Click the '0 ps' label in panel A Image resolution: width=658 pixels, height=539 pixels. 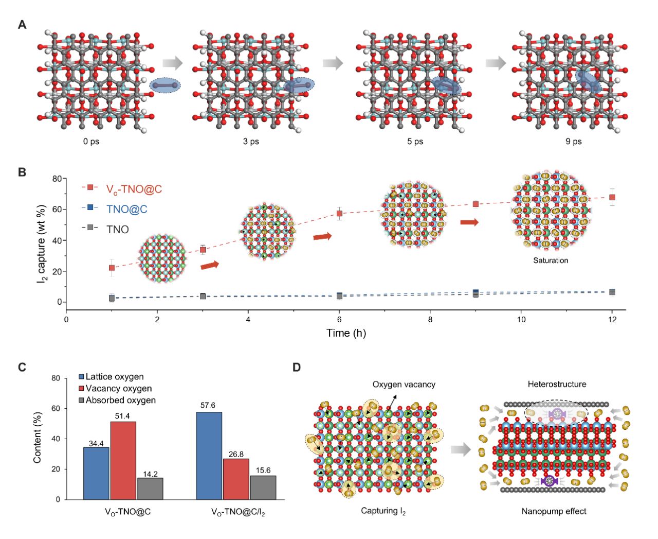[91, 142]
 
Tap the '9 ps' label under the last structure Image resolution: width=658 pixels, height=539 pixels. [573, 142]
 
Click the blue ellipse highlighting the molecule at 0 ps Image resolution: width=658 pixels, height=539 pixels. [166, 85]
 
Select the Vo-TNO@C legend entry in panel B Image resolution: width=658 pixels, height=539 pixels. [134, 189]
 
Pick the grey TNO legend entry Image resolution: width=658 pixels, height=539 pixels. [117, 230]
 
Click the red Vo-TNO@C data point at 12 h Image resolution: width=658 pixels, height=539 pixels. [612, 197]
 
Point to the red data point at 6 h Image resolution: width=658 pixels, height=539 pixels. [339, 213]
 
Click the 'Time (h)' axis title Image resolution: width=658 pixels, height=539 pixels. [346, 333]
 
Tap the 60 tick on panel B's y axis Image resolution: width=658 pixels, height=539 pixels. [57, 210]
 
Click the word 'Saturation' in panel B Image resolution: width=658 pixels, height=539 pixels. [551, 260]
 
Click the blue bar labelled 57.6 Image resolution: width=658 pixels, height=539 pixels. [209, 455]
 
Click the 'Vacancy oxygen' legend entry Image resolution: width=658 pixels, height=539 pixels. [118, 389]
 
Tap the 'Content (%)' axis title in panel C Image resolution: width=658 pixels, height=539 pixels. [38, 437]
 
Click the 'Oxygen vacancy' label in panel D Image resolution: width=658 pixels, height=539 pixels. [404, 385]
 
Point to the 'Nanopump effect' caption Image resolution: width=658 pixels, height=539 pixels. [554, 511]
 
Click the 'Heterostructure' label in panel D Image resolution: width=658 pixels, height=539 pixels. [557, 385]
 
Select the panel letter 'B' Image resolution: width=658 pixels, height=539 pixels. [22, 172]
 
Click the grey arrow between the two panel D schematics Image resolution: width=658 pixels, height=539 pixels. [461, 449]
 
